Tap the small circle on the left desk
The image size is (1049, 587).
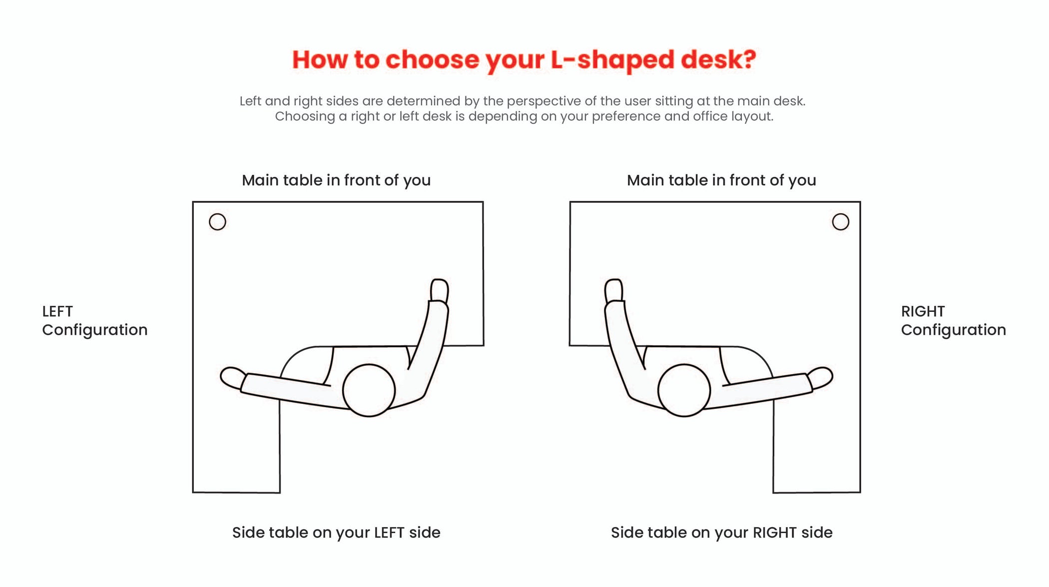tap(217, 222)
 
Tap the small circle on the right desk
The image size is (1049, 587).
tap(840, 222)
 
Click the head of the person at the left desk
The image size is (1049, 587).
tap(369, 390)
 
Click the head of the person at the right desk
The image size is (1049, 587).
tap(684, 390)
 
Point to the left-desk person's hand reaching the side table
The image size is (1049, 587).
tap(232, 377)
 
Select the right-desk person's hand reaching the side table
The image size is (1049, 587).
tap(821, 377)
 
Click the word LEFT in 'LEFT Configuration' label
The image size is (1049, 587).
tap(57, 312)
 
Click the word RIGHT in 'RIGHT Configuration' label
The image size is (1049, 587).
tap(923, 312)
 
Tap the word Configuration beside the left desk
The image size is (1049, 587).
tap(95, 330)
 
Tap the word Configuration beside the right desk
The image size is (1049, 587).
tap(953, 330)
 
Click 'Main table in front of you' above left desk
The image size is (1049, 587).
tap(336, 180)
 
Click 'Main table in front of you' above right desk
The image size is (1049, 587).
tap(721, 180)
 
